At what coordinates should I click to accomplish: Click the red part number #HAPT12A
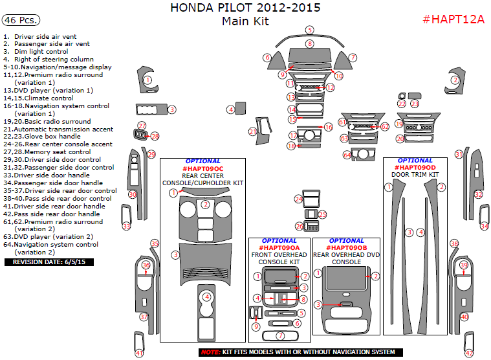(453, 19)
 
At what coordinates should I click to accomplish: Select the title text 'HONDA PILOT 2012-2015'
(245, 8)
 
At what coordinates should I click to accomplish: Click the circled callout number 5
(310, 30)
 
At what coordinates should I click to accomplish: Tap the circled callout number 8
(310, 43)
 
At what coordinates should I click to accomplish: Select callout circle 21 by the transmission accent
(253, 132)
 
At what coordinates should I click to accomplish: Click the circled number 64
(347, 155)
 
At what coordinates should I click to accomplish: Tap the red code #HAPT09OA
(279, 248)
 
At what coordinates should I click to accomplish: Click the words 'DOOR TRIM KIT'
(415, 175)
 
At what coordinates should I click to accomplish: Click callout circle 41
(139, 353)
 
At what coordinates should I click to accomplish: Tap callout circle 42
(469, 353)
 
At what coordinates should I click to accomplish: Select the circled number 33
(127, 226)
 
